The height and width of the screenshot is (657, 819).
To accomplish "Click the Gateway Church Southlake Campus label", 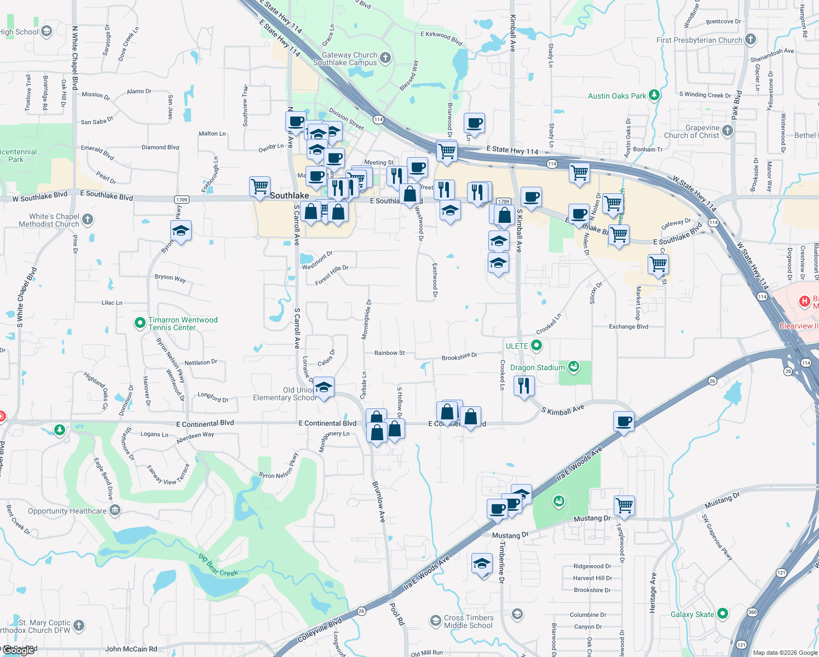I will point(349,59).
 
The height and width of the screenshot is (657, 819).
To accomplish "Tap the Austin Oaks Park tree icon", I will point(654,95).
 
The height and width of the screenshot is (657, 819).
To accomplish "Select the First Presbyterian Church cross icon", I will point(751,39).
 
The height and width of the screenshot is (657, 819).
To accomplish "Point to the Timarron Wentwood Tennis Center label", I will point(183,324).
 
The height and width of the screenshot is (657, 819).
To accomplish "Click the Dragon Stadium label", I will point(537,367).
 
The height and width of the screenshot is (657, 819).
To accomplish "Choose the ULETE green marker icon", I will point(537,345).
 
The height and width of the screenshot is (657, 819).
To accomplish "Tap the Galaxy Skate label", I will point(692,614).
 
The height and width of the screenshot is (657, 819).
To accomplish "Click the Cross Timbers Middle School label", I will point(469,621).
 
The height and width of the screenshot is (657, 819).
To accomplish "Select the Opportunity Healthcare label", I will point(67,511).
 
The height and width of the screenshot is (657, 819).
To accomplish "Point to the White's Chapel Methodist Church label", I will point(49,220).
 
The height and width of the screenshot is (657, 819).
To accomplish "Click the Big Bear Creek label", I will point(218,566).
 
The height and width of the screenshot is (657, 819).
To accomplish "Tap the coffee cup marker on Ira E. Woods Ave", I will point(624,422).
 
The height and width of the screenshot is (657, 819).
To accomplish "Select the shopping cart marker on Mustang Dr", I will point(624,505).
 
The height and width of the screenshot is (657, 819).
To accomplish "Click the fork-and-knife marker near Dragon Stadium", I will point(524,385).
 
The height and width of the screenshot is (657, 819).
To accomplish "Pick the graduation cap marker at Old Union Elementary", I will point(324,388).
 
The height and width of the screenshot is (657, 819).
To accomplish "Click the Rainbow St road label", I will point(389,353).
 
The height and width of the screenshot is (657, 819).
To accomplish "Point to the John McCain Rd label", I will point(131,649).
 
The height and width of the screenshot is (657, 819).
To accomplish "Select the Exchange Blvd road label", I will point(628,327).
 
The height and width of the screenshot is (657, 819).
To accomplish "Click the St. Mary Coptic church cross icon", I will point(79,625).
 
